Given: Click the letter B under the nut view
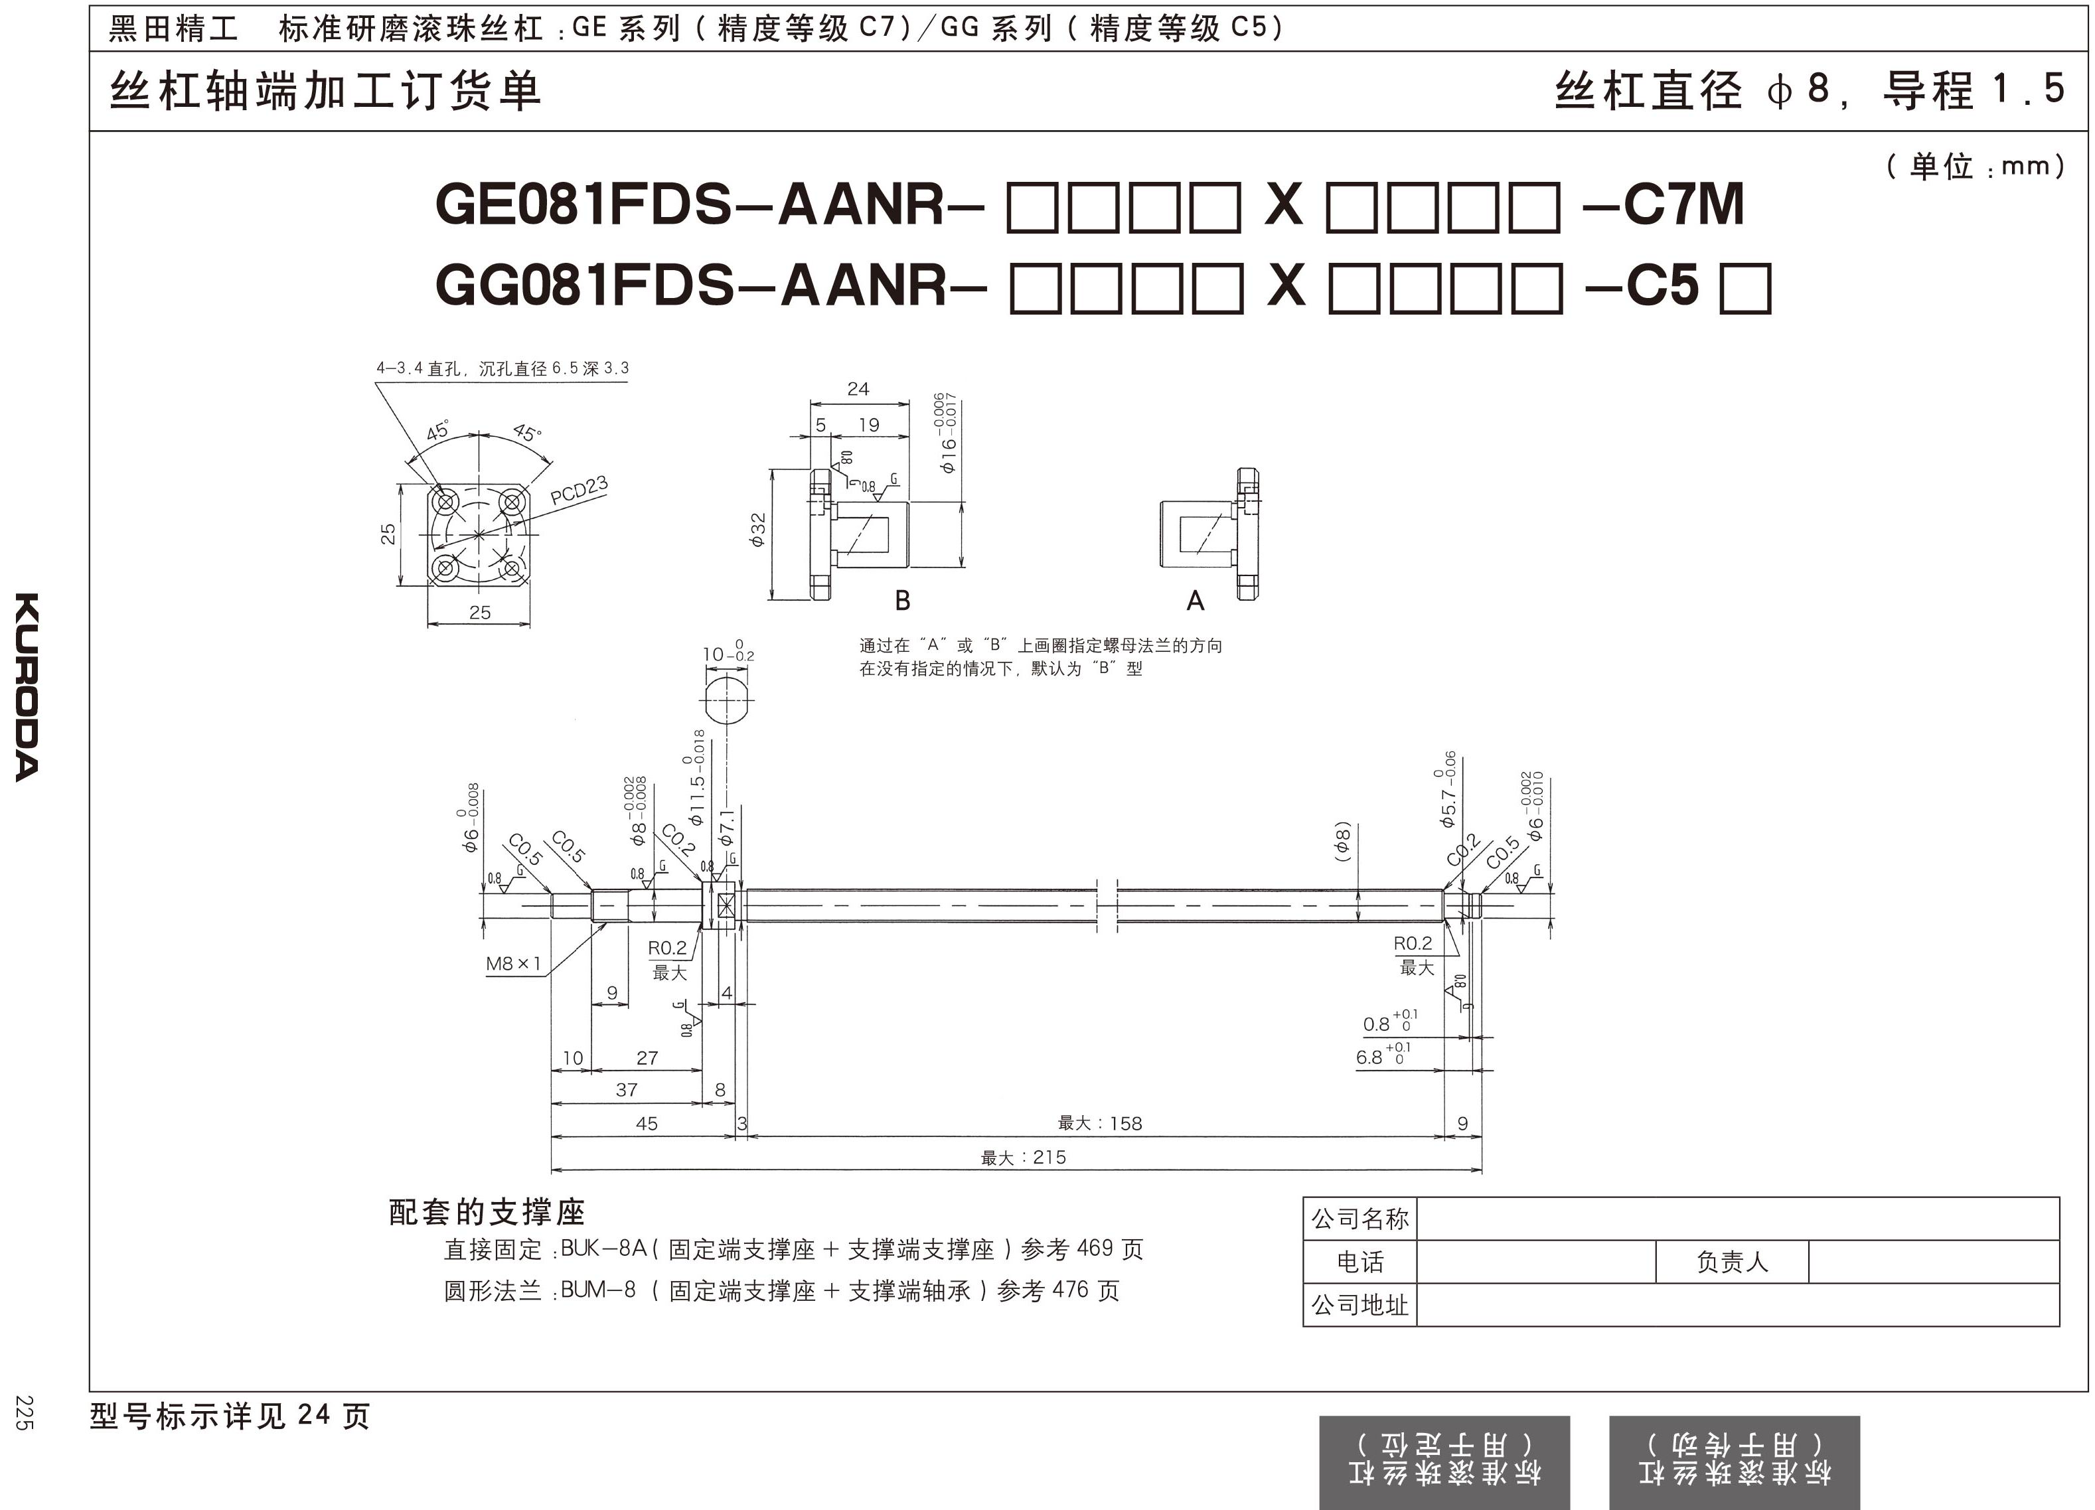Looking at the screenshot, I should (903, 601).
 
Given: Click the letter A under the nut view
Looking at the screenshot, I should (1196, 601).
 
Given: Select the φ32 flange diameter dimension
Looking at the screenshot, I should (757, 530).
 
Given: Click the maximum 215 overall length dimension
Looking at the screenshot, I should (1024, 1157).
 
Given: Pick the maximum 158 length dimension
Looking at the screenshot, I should (1099, 1123).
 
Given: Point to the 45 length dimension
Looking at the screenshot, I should (647, 1123).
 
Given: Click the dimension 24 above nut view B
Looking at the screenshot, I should (858, 389).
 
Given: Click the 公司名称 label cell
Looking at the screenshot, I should (1359, 1219).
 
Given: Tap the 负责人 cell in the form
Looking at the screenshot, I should (1731, 1262).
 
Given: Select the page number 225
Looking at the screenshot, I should (25, 1413).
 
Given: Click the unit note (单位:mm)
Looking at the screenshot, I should (1975, 166).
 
